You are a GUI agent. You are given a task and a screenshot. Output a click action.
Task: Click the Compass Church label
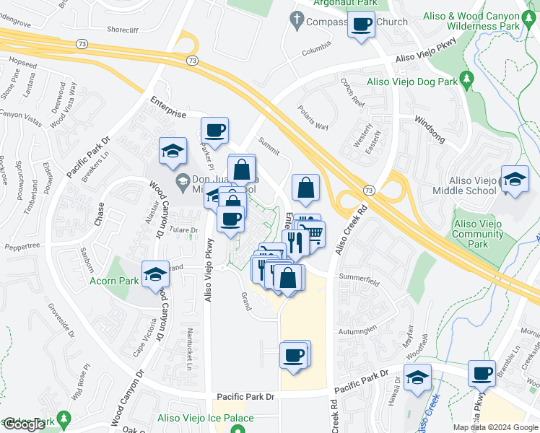click(x=347, y=22)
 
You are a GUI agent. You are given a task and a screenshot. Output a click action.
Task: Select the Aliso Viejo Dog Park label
click(x=413, y=82)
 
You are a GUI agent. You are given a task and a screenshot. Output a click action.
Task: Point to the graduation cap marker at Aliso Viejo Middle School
click(x=514, y=180)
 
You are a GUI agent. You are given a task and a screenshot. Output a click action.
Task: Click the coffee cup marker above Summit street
click(x=214, y=131)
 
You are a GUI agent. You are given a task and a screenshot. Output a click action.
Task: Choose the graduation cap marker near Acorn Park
click(x=155, y=275)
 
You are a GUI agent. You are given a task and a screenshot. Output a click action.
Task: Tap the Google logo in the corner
click(x=23, y=424)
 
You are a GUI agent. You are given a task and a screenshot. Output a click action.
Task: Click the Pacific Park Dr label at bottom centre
click(x=246, y=397)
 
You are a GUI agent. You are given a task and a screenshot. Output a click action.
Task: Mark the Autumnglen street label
click(x=357, y=330)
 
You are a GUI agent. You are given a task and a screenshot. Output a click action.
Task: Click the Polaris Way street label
click(x=313, y=118)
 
